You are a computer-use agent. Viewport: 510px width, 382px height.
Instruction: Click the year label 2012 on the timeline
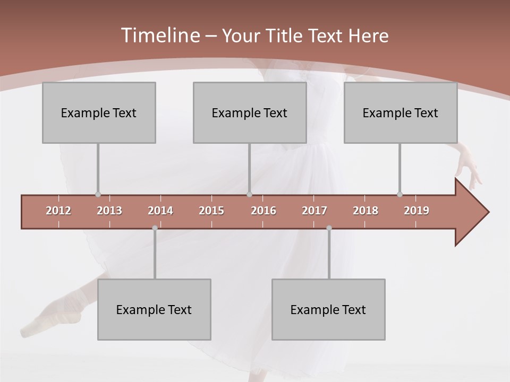[58, 211]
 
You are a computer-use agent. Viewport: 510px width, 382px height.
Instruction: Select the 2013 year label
[109, 211]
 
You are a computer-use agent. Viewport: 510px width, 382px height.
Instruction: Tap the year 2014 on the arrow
[160, 211]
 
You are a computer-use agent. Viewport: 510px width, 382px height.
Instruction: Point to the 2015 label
[211, 211]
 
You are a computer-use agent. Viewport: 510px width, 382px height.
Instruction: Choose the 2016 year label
[263, 211]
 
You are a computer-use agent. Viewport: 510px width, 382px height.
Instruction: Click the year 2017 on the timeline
[314, 211]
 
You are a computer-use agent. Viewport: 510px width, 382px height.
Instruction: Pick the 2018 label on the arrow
[365, 211]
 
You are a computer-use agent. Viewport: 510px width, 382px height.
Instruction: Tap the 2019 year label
[416, 211]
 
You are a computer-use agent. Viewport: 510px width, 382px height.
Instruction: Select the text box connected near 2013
[99, 112]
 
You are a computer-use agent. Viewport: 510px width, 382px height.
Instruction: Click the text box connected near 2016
[250, 112]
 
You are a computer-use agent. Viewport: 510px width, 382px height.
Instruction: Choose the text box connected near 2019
[401, 112]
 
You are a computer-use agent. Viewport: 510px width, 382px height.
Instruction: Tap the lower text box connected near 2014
[154, 309]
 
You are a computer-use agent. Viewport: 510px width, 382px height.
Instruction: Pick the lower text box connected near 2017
[328, 309]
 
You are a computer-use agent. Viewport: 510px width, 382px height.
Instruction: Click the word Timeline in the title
[159, 35]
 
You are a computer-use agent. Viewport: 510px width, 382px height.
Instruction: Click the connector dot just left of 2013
[98, 194]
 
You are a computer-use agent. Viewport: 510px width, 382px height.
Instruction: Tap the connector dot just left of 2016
[250, 194]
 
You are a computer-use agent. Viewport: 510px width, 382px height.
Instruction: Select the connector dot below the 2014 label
[155, 228]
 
